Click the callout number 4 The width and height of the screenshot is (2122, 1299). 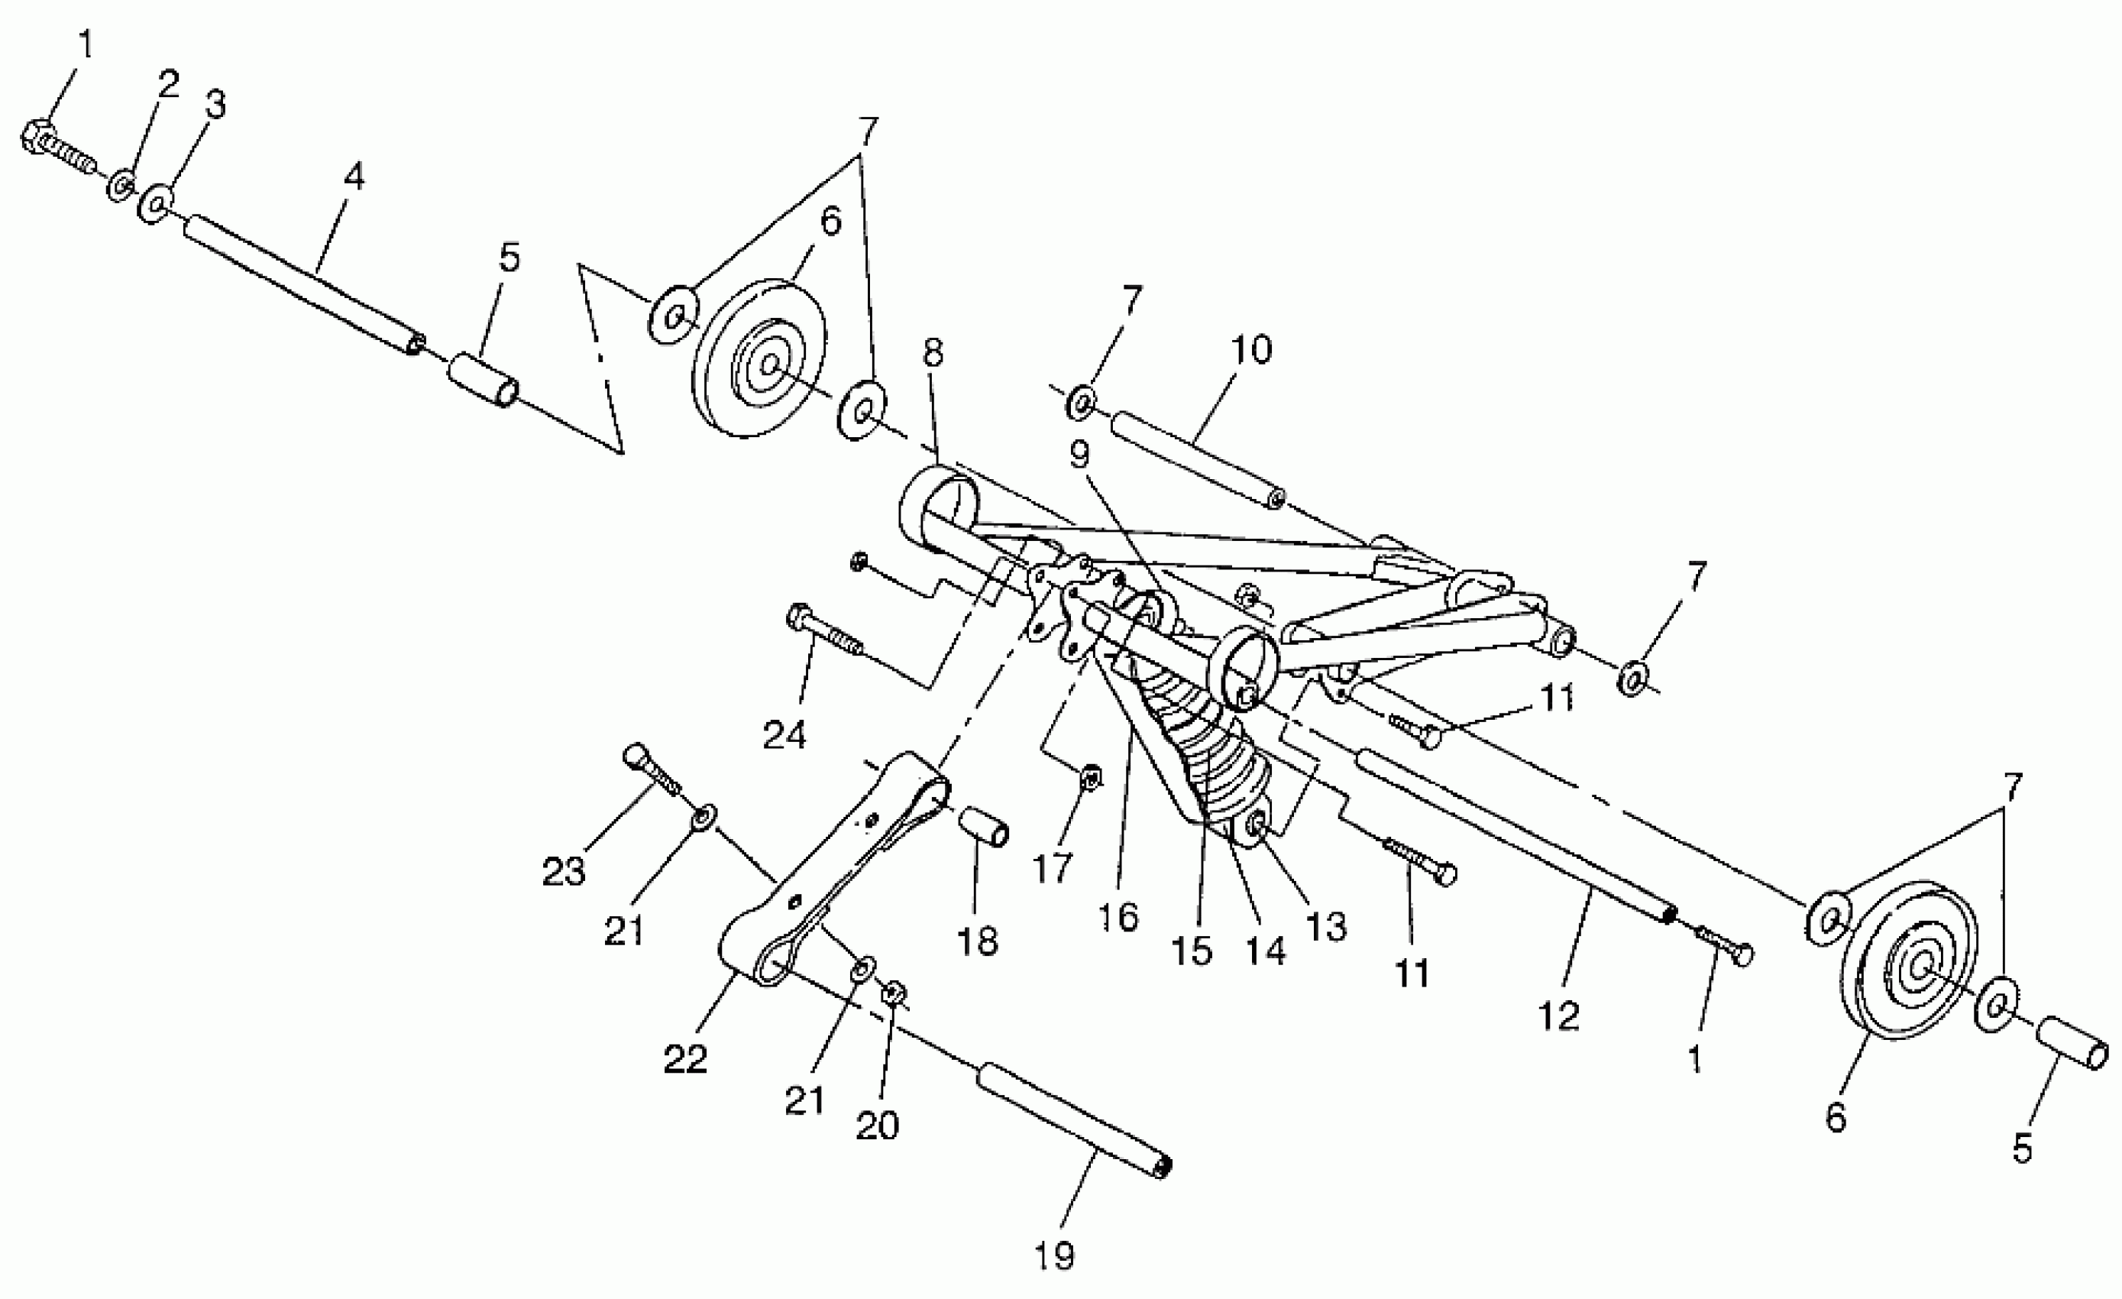[x=354, y=177]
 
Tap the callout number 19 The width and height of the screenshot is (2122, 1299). [x=1055, y=1256]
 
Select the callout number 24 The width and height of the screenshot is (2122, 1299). [x=784, y=735]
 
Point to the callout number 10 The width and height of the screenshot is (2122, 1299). [x=1250, y=350]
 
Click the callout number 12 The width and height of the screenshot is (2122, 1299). [x=1559, y=1016]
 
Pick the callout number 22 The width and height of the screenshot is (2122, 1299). [x=685, y=1058]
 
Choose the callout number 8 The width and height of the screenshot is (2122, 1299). [x=932, y=352]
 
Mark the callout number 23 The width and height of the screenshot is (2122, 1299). [x=563, y=873]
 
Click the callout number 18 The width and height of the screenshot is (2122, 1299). [x=978, y=941]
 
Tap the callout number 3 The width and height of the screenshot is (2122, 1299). [x=215, y=104]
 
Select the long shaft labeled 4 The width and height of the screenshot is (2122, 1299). [x=302, y=283]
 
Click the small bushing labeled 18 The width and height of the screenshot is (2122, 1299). [x=985, y=827]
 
